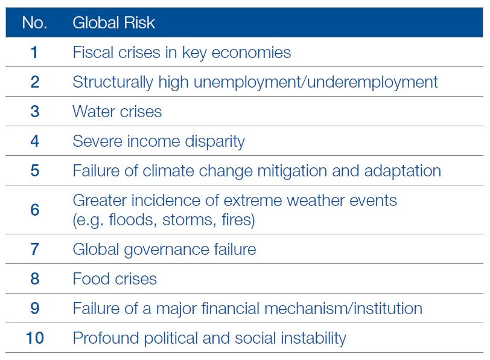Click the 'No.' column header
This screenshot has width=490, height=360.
point(34,23)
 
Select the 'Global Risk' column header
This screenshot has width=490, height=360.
point(113,23)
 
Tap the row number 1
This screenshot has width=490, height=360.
point(34,52)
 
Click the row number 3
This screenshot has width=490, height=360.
point(34,111)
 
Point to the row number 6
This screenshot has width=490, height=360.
point(34,210)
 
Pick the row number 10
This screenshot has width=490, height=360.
point(34,338)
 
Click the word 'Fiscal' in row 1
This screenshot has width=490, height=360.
point(93,52)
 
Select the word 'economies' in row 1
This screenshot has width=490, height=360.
point(251,53)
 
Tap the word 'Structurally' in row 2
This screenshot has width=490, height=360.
point(113,83)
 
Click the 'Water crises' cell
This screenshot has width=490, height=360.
point(117,112)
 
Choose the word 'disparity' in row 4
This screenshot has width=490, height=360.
point(215,142)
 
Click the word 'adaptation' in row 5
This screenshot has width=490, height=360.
point(402,172)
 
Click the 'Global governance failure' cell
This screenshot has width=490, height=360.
point(164,250)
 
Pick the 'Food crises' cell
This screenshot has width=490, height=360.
point(115,279)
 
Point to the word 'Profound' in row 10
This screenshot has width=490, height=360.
point(106,338)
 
